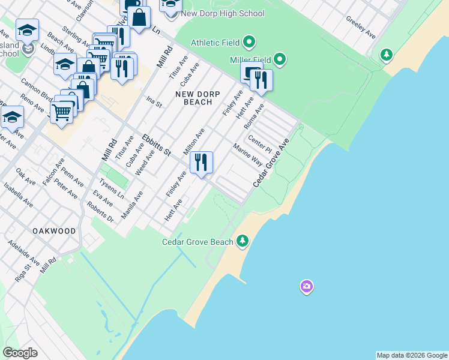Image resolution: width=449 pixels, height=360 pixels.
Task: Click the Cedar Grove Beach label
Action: click(197, 242)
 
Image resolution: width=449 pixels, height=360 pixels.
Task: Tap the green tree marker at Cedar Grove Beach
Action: click(243, 241)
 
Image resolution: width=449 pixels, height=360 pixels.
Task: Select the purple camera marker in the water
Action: click(307, 287)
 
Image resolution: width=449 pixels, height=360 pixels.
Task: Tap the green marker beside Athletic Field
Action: click(250, 42)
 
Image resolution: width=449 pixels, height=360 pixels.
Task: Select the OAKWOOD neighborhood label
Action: click(55, 231)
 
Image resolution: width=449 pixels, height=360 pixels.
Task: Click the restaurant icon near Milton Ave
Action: click(202, 163)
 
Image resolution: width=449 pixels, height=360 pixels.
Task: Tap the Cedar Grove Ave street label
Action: click(271, 162)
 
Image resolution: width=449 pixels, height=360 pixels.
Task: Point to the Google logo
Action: click(20, 352)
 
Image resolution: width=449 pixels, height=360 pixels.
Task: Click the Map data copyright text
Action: click(411, 355)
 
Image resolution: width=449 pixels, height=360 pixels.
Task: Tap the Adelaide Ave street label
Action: click(23, 254)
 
